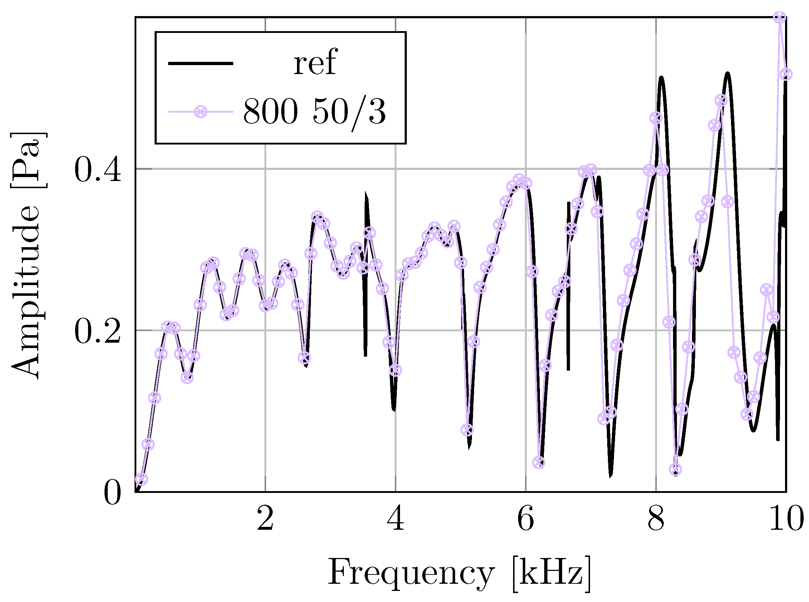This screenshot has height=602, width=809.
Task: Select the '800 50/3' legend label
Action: (x=314, y=112)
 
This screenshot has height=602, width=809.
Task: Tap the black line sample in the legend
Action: (x=200, y=64)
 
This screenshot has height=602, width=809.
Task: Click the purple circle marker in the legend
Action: (x=200, y=112)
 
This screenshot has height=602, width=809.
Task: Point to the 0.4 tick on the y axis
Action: (x=97, y=170)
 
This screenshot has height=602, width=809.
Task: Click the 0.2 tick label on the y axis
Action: (x=97, y=331)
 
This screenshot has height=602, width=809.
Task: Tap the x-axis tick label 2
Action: (x=265, y=519)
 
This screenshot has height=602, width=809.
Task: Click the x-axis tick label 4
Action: (x=395, y=519)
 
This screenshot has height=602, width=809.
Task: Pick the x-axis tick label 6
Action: (x=526, y=519)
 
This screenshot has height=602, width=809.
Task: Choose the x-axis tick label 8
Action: (x=656, y=519)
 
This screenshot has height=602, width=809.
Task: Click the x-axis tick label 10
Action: (x=786, y=519)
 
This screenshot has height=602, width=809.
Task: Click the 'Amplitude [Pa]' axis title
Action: (x=25, y=255)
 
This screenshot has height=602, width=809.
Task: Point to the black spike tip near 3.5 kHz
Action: (x=366, y=193)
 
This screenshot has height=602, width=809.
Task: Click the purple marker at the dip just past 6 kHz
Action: (x=538, y=463)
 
